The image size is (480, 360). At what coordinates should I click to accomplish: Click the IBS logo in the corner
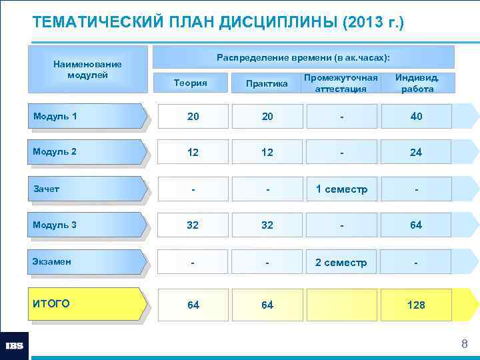tap(14, 346)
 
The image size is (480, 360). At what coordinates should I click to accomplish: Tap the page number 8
tap(464, 344)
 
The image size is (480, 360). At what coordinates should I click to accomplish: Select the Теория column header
tap(190, 83)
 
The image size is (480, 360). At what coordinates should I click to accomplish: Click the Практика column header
tap(267, 83)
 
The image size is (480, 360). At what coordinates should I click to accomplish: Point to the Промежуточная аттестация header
tap(341, 83)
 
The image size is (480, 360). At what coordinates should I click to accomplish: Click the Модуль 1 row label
tap(87, 117)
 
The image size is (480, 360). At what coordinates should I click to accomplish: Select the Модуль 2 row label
tap(87, 152)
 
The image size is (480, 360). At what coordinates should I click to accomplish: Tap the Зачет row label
tap(87, 189)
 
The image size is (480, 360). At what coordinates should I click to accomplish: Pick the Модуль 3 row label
tap(87, 225)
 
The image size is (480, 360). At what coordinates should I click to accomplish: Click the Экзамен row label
tap(87, 262)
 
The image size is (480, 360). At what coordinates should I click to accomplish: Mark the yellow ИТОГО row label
tap(87, 304)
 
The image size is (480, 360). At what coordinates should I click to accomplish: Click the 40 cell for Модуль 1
tap(416, 117)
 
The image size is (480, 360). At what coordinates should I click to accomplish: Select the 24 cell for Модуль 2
tap(416, 153)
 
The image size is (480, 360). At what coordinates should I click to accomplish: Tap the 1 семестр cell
tap(341, 189)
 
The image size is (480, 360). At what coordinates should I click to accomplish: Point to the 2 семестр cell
tap(341, 263)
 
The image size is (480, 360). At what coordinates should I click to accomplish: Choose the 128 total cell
tap(416, 305)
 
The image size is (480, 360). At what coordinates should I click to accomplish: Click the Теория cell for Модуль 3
tap(193, 225)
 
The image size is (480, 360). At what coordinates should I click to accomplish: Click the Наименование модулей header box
tap(87, 69)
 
